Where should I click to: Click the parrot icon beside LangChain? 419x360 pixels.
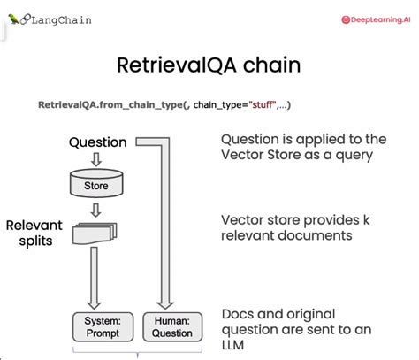coord(12,18)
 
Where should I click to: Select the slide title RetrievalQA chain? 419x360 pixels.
coord(209,66)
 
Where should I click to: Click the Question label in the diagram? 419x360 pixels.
coord(97,142)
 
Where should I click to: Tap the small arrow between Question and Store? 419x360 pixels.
coord(95,160)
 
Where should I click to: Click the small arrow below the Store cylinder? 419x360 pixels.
coord(95,209)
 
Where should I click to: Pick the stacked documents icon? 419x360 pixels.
coord(96,232)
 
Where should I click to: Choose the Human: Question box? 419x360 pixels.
coord(172,326)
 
